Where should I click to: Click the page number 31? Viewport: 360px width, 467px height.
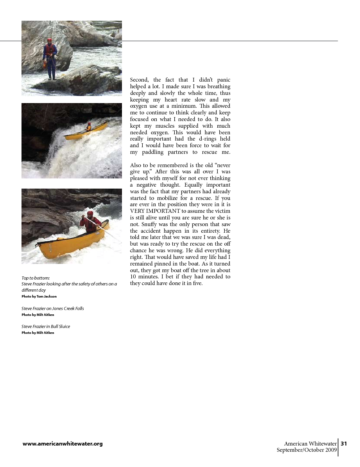[x=344, y=444]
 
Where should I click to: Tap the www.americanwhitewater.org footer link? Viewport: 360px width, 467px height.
[x=63, y=444]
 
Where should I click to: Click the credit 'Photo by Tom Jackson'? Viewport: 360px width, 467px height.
[x=39, y=296]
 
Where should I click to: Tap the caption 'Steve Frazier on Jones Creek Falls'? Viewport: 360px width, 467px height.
[x=53, y=308]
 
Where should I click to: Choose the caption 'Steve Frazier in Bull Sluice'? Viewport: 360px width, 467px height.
[x=46, y=326]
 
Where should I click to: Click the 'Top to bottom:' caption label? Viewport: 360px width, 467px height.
[x=36, y=278]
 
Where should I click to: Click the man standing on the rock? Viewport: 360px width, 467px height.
[x=50, y=59]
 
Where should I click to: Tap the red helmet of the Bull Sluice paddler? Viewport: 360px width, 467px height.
[x=90, y=213]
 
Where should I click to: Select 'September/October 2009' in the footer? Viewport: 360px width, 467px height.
[x=306, y=450]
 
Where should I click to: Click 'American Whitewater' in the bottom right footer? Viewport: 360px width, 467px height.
[x=310, y=444]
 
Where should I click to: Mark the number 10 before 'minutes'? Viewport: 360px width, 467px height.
[x=133, y=276]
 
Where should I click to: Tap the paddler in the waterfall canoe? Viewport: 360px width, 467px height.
[x=89, y=127]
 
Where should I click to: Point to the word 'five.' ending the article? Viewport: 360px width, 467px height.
[x=197, y=283]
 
